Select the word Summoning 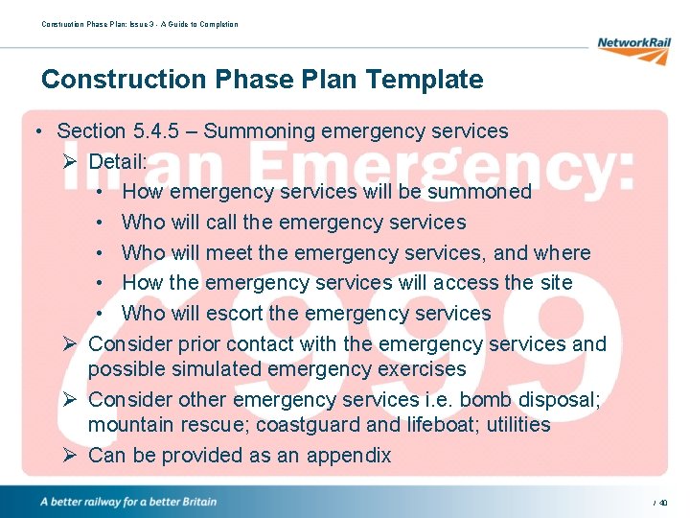(254, 130)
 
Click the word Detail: (118, 161)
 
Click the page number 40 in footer (662, 503)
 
